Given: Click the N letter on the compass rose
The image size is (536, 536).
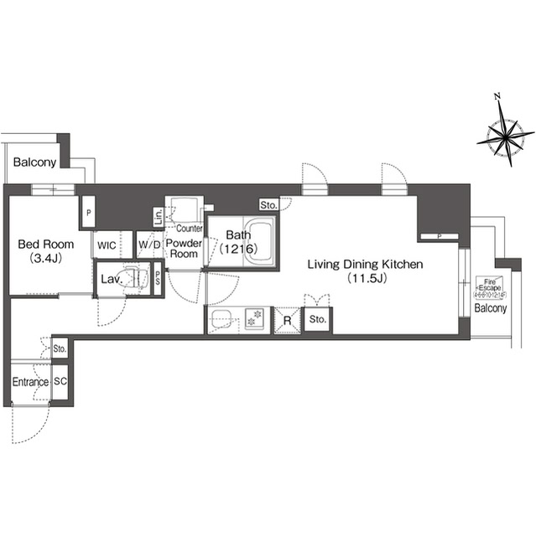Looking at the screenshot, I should coord(498,97).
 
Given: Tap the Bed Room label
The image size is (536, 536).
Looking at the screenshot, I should coord(46,245).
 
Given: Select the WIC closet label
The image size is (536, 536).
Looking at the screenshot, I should coord(107,245).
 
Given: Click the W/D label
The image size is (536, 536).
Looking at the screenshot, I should coord(149,245).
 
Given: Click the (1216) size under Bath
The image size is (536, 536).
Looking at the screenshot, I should coord(237,250).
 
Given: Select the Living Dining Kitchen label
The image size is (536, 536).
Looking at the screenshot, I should coord(364,265).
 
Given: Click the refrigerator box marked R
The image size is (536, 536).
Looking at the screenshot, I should coord(287,320).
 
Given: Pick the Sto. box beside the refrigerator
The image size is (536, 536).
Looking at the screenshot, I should coord(317,320).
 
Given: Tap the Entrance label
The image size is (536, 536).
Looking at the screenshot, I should coord(30,382).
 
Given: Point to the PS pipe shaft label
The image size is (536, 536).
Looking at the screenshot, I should coord(158,280).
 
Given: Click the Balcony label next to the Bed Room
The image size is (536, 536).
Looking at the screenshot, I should coord(34,162).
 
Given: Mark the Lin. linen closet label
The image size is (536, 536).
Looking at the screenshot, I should coord(158,218).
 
